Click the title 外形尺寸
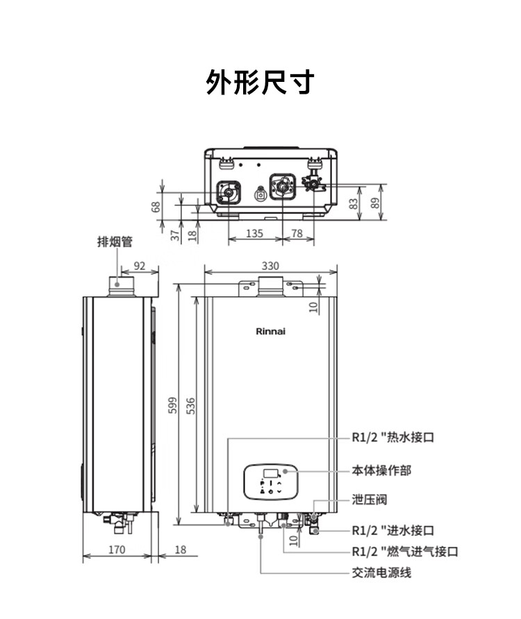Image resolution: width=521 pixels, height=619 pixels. pos(260,82)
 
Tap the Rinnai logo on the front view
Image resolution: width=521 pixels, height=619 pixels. pos(270,331)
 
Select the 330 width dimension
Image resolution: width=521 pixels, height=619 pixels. pos(270,266)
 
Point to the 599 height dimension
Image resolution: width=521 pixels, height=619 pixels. pos(173,405)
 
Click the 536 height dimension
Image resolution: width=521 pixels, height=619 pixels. pos(190,406)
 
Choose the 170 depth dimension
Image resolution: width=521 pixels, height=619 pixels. pos(117,549)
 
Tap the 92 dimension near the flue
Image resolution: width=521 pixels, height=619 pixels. pos(140,266)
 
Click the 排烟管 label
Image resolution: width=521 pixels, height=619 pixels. pos(115,241)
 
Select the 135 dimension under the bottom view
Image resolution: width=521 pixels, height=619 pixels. pos(254,233)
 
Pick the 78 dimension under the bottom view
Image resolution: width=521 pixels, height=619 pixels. pos(297,233)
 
